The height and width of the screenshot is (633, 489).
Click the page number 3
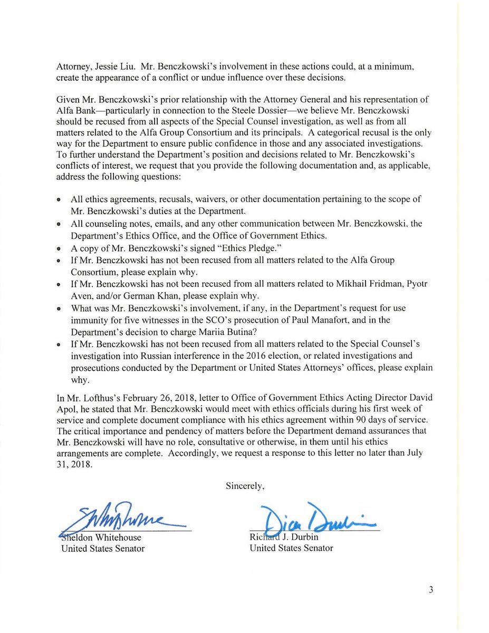coord(431,590)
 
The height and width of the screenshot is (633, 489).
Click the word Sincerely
coord(245,486)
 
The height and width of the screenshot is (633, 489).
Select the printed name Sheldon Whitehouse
coord(101,537)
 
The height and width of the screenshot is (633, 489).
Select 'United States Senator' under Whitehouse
coord(103,548)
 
